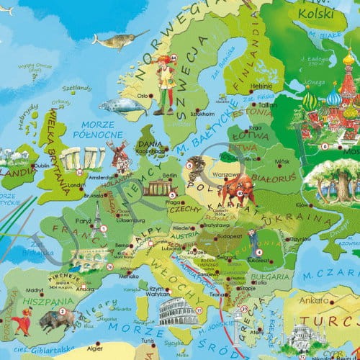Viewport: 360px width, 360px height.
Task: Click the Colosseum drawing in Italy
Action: coord(173,311)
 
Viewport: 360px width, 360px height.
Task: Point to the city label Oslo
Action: coord(143,95)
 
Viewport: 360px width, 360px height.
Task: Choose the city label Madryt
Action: coord(35,294)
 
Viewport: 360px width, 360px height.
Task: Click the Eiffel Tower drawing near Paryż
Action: coord(96,220)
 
